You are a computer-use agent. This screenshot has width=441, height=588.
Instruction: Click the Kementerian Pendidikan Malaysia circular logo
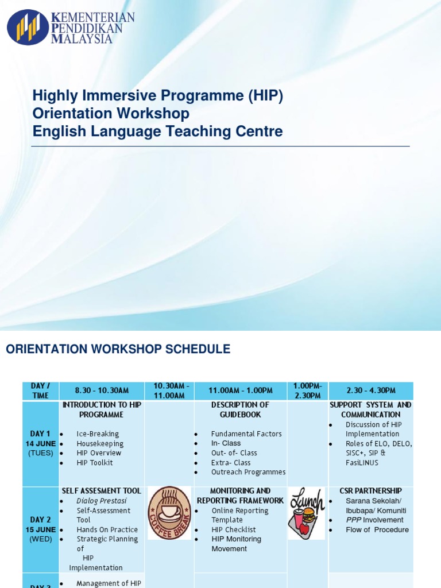[28, 27]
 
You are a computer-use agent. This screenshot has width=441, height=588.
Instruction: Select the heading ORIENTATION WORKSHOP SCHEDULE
[118, 349]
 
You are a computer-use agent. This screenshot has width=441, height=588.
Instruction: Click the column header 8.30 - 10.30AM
[103, 390]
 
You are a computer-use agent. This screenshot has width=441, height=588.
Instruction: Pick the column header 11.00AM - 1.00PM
[240, 390]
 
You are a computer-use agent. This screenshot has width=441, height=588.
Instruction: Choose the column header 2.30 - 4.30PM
[370, 390]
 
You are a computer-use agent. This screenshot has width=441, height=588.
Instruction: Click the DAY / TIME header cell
[40, 390]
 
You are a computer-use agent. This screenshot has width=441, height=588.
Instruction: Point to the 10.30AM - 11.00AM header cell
[169, 390]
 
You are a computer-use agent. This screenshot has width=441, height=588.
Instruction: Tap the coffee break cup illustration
[169, 513]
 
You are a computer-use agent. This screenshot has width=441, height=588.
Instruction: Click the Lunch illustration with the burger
[307, 513]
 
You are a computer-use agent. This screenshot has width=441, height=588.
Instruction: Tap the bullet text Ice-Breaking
[98, 434]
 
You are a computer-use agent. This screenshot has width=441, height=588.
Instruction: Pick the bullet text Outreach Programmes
[248, 472]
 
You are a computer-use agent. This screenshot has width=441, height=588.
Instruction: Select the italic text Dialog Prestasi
[102, 501]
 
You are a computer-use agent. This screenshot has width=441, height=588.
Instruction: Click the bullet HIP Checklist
[234, 529]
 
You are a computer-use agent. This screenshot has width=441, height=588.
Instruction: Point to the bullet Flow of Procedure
[377, 529]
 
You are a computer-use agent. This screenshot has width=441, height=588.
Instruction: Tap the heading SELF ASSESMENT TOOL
[102, 491]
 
